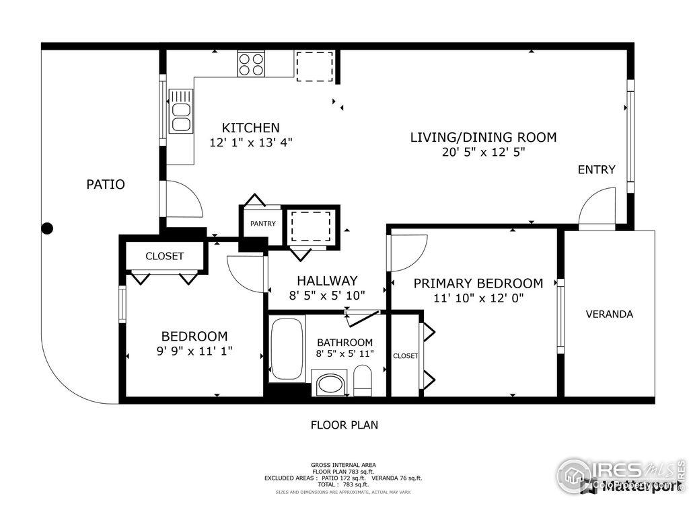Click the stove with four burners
click(x=250, y=64)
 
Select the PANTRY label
click(x=262, y=224)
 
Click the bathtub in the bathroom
click(x=287, y=349)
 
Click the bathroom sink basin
click(x=330, y=384)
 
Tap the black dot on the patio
click(x=47, y=228)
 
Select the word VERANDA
click(x=609, y=314)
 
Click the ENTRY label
click(x=596, y=169)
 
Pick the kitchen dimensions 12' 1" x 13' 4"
click(x=251, y=142)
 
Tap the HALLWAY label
click(x=327, y=281)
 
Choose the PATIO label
click(x=106, y=184)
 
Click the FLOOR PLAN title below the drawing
click(x=344, y=425)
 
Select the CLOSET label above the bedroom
click(x=164, y=256)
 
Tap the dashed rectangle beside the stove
click(x=314, y=66)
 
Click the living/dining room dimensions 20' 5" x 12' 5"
click(x=483, y=153)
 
